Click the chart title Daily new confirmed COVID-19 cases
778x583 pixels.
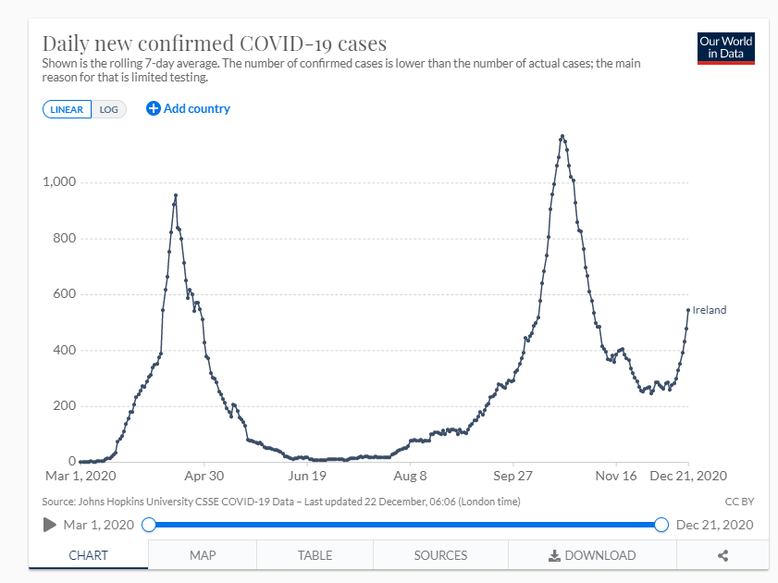pyautogui.click(x=215, y=43)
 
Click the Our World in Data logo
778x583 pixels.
pyautogui.click(x=725, y=48)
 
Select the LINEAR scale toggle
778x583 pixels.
pyautogui.click(x=67, y=109)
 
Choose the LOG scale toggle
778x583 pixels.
pyautogui.click(x=109, y=109)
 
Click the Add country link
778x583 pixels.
pyautogui.click(x=188, y=108)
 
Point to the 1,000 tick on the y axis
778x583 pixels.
pyautogui.click(x=58, y=182)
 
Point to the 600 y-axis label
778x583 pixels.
pyautogui.click(x=64, y=294)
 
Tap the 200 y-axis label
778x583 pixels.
pyautogui.click(x=64, y=406)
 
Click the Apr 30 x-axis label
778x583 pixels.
pyautogui.click(x=204, y=476)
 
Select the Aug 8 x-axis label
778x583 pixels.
pyautogui.click(x=410, y=476)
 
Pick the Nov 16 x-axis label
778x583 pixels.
pyautogui.click(x=616, y=476)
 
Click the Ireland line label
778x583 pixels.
pyautogui.click(x=710, y=310)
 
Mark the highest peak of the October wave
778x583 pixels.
pyautogui.click(x=562, y=137)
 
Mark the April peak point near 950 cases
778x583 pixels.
pyautogui.click(x=176, y=195)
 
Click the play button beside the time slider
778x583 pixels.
pyautogui.click(x=50, y=525)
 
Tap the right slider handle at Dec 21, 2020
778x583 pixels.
pyautogui.click(x=661, y=525)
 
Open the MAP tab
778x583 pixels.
pyautogui.click(x=203, y=555)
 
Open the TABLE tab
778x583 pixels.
pyautogui.click(x=315, y=555)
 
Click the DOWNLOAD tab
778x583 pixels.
pyautogui.click(x=592, y=555)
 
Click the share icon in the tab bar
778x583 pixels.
pyautogui.click(x=723, y=555)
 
